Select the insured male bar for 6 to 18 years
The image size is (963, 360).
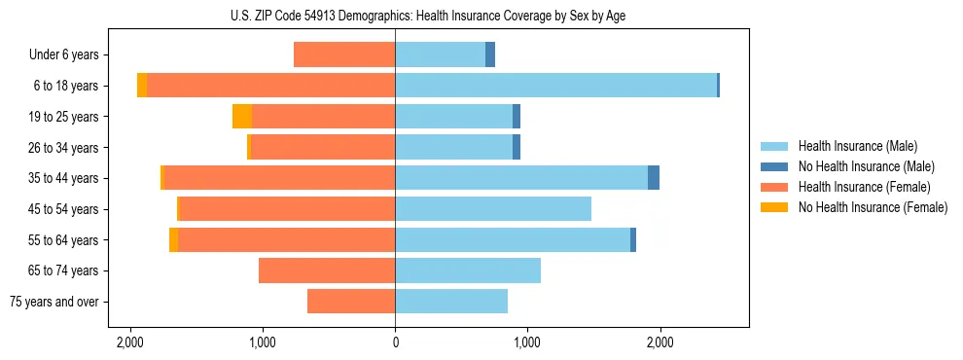pos(555,86)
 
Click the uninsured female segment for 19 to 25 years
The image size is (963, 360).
pos(242,117)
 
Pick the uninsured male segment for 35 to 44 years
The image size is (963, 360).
pos(654,178)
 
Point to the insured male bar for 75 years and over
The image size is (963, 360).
pos(451,302)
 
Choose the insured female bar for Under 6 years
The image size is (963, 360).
pos(344,55)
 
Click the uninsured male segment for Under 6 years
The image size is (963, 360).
pos(490,55)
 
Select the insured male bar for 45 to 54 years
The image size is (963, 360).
pos(493,209)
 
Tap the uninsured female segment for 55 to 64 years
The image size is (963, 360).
pos(173,240)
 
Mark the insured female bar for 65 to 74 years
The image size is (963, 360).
pos(327,270)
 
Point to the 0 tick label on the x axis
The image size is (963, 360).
pos(395,342)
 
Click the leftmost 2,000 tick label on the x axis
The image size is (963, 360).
pos(129,342)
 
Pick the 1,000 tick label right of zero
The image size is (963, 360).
pos(527,342)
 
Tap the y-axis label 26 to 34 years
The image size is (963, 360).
pos(64,148)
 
